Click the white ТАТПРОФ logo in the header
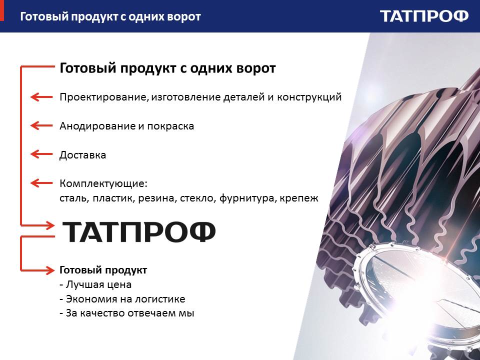point(424,16)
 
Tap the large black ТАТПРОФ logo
point(139,231)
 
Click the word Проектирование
point(104,97)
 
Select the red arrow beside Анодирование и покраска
point(41,125)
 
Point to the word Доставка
point(82,154)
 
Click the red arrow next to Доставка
point(41,154)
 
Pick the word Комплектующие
point(103,183)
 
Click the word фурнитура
point(248,198)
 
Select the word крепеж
point(299,198)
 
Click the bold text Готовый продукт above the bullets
point(103,270)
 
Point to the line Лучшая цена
point(95,284)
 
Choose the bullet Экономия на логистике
point(122,299)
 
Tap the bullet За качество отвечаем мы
point(126,313)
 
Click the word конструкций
point(309,97)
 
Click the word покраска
point(170,126)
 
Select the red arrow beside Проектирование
point(41,97)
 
